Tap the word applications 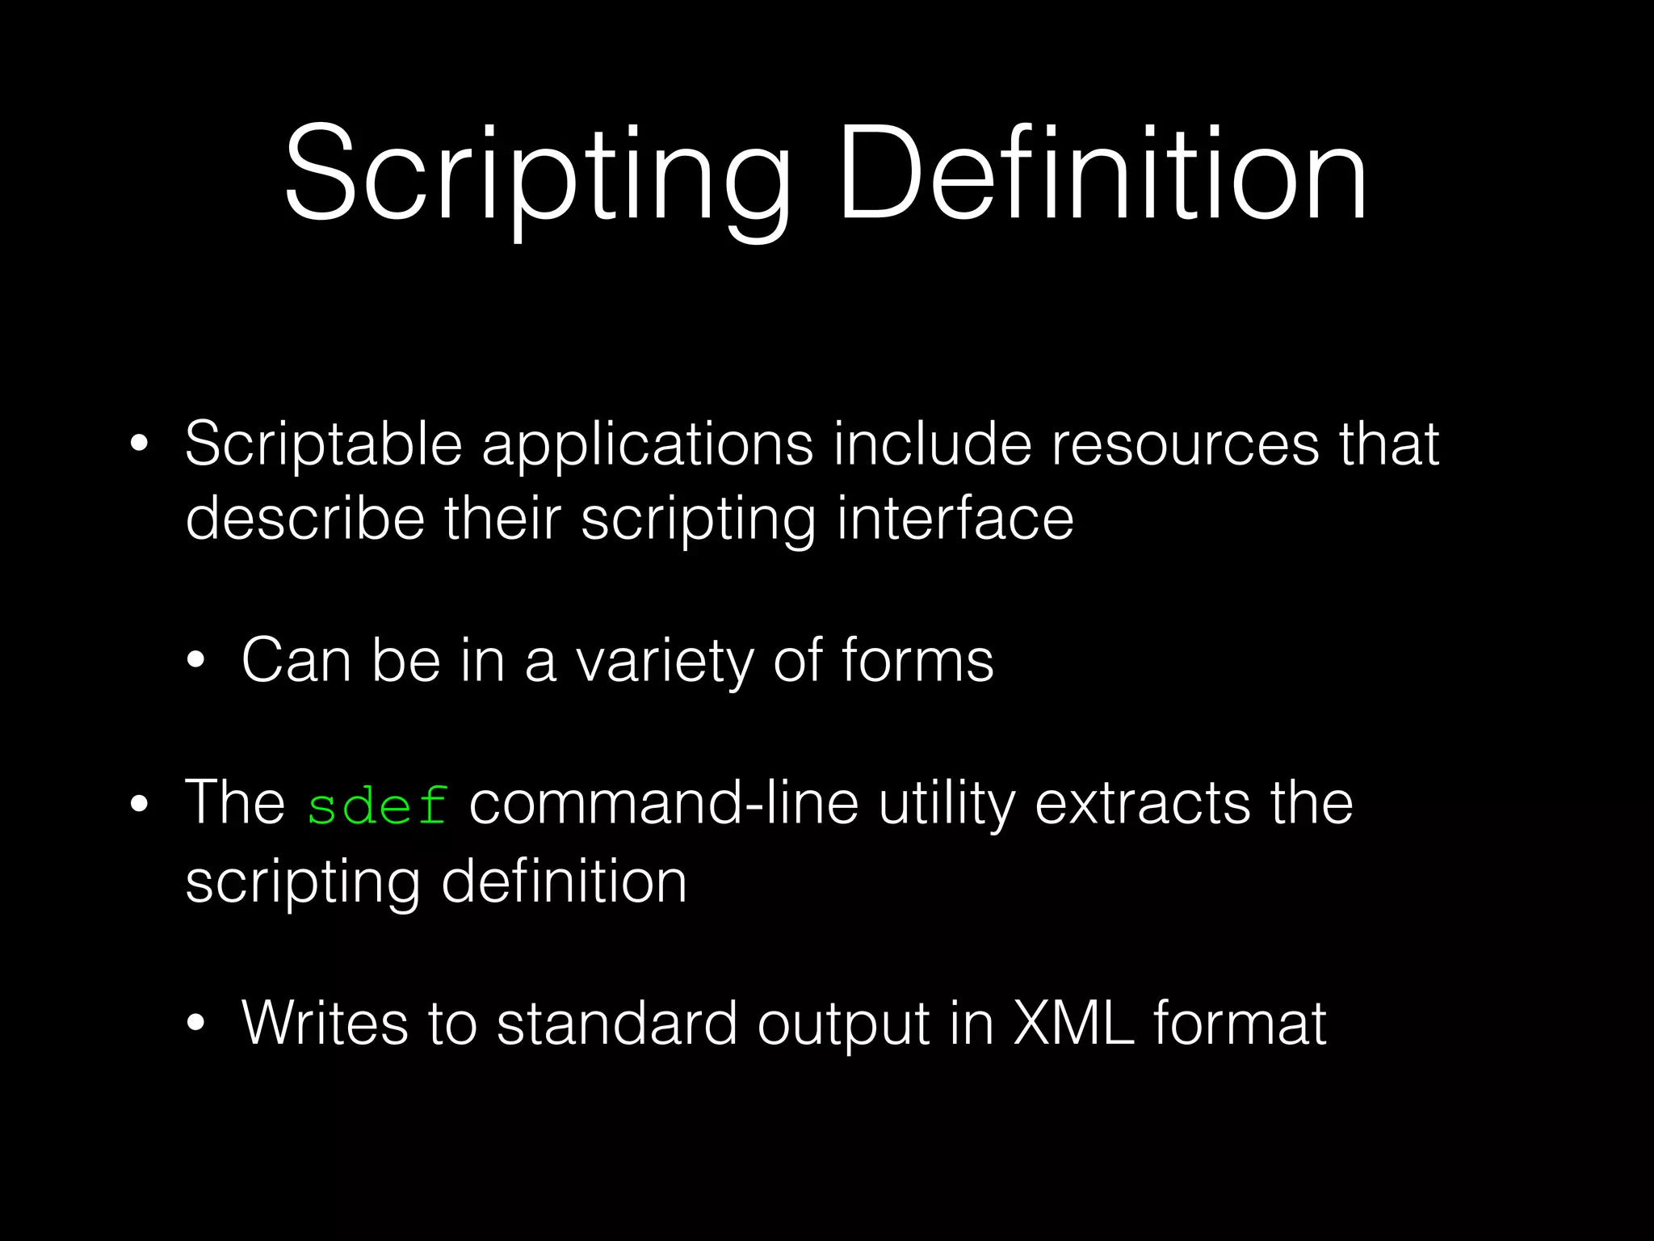(647, 446)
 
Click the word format (1240, 1023)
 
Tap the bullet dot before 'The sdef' (139, 805)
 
